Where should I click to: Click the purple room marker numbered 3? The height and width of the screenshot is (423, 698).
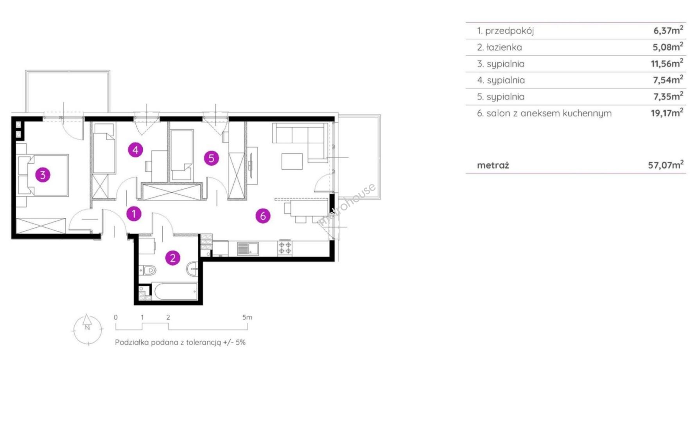coord(43,175)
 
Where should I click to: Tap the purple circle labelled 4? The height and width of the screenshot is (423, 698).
coord(135,150)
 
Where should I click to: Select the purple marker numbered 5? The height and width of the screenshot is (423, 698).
coord(212,158)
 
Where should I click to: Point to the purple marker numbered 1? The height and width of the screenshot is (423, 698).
coord(134,214)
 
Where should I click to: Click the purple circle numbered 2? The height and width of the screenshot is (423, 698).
coord(173,258)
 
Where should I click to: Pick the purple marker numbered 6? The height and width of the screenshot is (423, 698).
coord(263,215)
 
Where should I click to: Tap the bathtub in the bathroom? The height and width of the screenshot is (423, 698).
coord(176,291)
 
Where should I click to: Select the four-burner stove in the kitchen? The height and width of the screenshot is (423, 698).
coord(285,248)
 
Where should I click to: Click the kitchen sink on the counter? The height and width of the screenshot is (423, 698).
coord(248,249)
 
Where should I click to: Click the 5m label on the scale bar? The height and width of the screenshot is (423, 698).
coord(247,317)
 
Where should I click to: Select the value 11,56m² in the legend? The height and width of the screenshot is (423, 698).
coord(667,63)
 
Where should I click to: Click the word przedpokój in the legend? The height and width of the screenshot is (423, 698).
coord(510,31)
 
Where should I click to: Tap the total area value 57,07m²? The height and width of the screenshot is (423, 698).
coord(666,164)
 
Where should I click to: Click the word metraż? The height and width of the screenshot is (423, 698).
coord(493,165)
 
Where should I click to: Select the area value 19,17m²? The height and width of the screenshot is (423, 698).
coord(667,113)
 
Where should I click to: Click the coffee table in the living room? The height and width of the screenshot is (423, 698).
coord(292,161)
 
